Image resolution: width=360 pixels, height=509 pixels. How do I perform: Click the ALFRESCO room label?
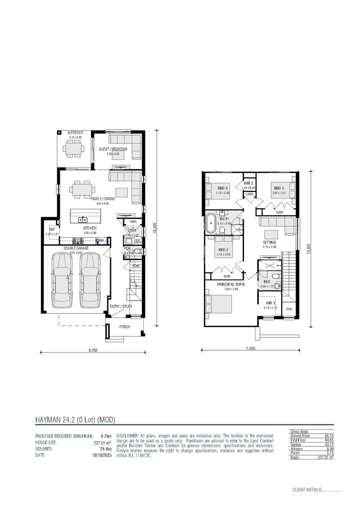(x=75, y=133)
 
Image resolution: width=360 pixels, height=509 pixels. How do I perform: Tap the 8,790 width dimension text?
(x=92, y=351)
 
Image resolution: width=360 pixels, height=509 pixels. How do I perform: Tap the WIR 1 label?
(x=270, y=303)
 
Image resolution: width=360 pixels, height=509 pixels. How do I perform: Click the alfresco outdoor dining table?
(x=75, y=150)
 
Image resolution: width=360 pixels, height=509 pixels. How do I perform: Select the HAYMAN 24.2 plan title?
(x=75, y=419)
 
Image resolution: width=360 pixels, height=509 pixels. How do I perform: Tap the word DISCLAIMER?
(x=127, y=436)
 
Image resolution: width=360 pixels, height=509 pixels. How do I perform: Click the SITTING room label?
(x=270, y=242)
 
